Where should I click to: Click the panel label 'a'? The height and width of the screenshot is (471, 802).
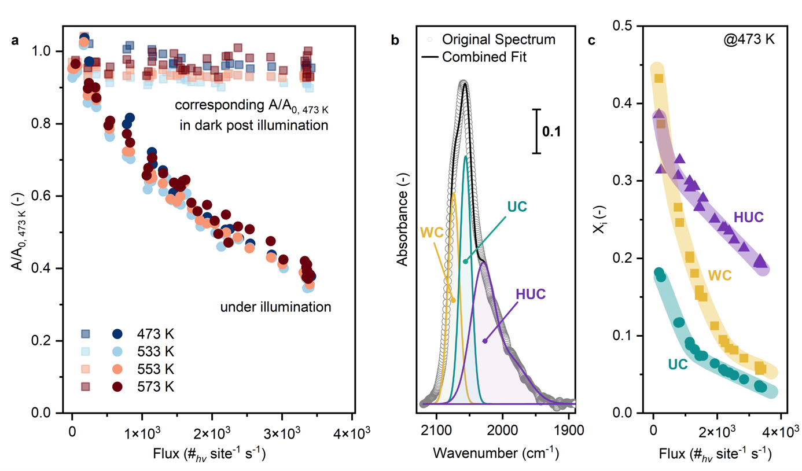tap(15, 41)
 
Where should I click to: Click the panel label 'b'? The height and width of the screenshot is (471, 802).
tap(395, 41)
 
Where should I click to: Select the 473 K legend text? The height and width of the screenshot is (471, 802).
tap(155, 334)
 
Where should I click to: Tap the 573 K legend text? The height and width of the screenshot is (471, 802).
tap(155, 386)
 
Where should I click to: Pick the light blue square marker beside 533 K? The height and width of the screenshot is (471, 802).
tap(85, 351)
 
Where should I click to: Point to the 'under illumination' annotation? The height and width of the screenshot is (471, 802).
tap(275, 307)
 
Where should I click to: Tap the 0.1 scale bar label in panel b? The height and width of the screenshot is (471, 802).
tap(550, 131)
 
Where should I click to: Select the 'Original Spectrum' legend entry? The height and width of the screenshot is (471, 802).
tap(498, 40)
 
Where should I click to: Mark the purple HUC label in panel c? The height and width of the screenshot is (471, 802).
tap(749, 217)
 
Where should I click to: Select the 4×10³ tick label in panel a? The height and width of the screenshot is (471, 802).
tap(352, 433)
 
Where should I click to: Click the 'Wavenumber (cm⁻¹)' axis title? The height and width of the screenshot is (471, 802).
tap(495, 452)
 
